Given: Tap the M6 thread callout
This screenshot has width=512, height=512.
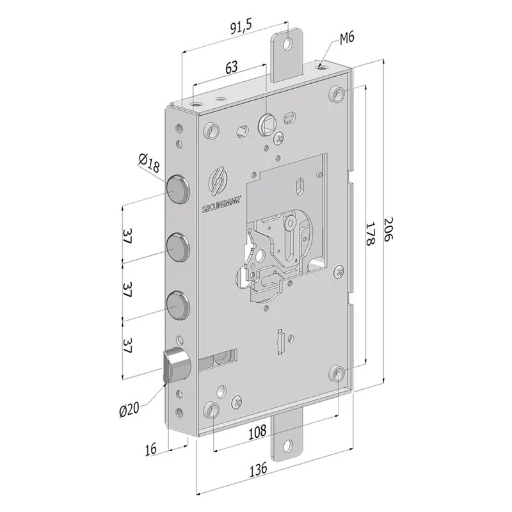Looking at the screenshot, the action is tap(347, 38).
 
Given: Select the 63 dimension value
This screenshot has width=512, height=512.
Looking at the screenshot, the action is tap(232, 67).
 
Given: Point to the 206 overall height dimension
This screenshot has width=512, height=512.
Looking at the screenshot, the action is tap(388, 229).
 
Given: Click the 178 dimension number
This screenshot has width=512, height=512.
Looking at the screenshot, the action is tap(370, 234).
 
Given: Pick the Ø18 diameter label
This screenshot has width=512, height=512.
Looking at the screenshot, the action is tap(149, 163).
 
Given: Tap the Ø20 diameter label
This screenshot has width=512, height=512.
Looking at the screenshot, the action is tap(129, 409).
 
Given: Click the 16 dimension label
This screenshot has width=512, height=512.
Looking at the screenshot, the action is tap(150, 449).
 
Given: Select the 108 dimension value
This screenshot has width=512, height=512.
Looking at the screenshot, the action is tap(258, 433).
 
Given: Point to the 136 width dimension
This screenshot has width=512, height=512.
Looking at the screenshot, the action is tap(259, 470).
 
